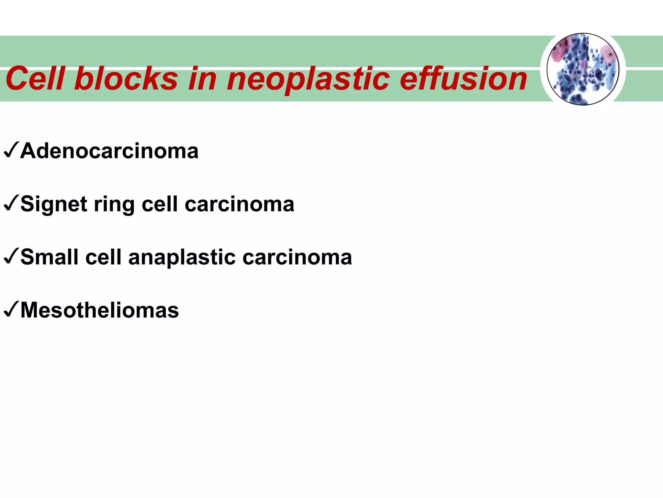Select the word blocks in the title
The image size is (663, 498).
click(126, 79)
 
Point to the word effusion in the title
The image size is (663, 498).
click(463, 79)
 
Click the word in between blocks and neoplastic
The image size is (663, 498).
click(202, 79)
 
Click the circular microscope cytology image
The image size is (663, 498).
click(583, 69)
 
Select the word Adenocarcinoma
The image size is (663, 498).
click(109, 151)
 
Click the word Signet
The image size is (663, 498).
click(54, 205)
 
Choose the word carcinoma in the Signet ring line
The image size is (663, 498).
click(239, 205)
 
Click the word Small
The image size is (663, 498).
click(50, 257)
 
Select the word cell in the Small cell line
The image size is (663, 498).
click(103, 257)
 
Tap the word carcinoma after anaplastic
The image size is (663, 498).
click(297, 257)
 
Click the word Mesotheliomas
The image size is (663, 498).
click(99, 310)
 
